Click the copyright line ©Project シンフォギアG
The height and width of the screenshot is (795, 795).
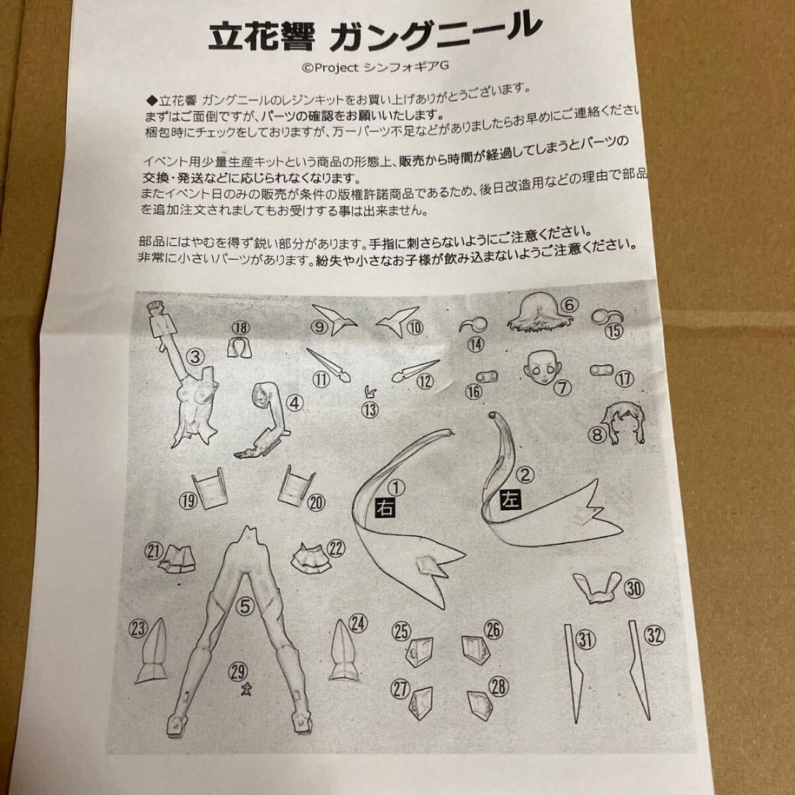375,67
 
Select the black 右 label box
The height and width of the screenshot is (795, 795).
385,507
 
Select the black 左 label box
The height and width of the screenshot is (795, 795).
510,499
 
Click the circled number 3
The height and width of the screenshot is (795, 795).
194,358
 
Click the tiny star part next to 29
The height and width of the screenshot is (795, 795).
246,688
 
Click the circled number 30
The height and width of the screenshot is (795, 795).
634,588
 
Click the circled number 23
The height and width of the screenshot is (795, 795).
138,628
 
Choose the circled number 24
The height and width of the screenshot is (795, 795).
358,624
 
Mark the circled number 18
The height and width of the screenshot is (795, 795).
241,328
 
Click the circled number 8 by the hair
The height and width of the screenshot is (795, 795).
596,435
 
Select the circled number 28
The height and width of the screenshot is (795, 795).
498,687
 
